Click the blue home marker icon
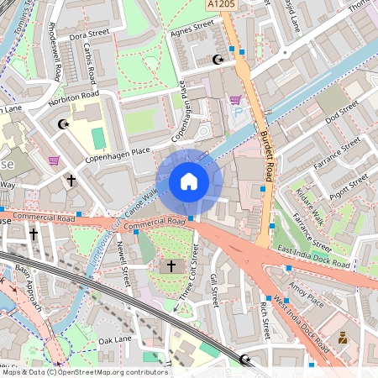coord(188,181)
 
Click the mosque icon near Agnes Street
coord(220,60)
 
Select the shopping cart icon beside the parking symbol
coord(235,100)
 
